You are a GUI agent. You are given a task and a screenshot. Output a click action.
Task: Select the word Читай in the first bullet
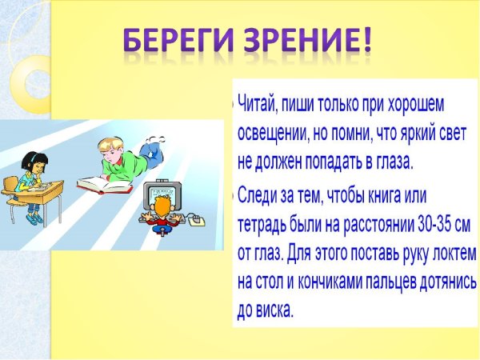pyautogui.click(x=261, y=105)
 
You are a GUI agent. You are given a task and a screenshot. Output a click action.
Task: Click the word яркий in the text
pyautogui.click(x=413, y=133)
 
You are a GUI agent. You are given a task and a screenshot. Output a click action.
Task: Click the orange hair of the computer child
pyautogui.click(x=161, y=207)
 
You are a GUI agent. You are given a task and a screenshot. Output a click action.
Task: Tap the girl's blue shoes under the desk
pyautogui.click(x=34, y=217)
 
